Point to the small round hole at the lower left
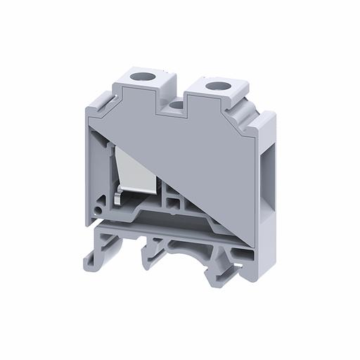(104, 209)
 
